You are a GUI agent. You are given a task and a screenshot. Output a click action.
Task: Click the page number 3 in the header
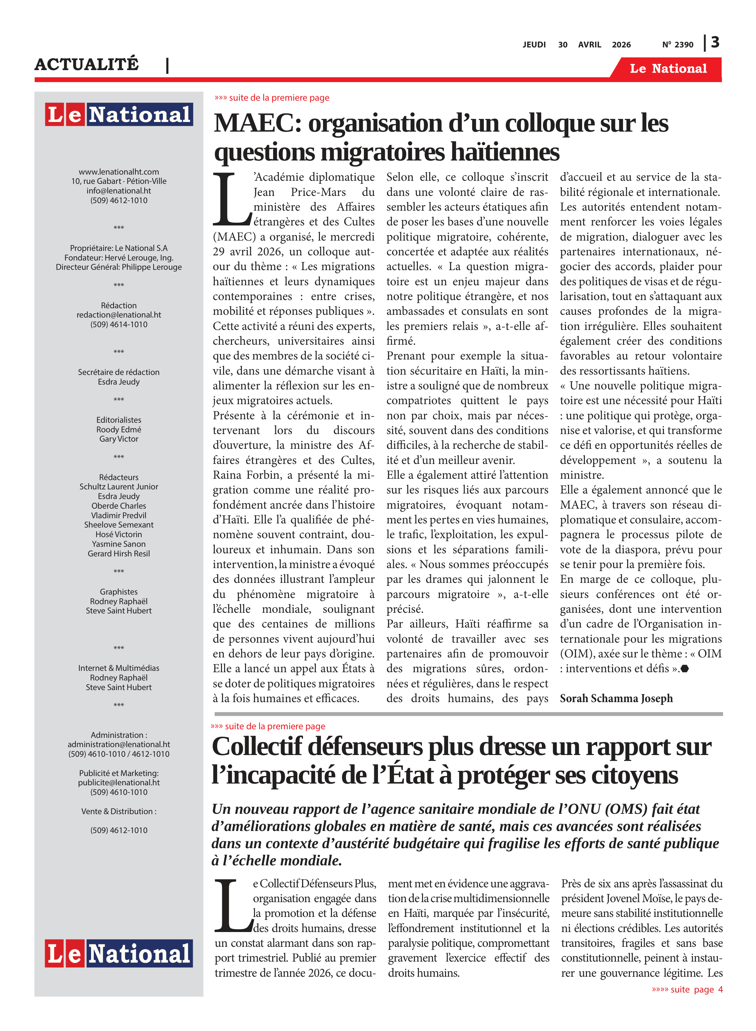(x=715, y=43)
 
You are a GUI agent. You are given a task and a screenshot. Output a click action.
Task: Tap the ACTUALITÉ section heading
(x=87, y=65)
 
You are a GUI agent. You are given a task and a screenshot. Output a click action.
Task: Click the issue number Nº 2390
(x=677, y=45)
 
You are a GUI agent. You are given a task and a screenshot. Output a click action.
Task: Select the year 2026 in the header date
(x=621, y=45)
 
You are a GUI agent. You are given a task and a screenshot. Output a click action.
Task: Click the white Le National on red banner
(x=668, y=69)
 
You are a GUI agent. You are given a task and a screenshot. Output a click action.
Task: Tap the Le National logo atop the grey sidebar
(x=119, y=114)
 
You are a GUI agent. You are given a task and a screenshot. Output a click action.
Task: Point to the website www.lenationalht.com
(x=119, y=171)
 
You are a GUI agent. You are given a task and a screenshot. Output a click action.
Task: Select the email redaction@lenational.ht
(x=119, y=315)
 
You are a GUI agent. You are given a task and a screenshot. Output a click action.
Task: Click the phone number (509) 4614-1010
(x=119, y=324)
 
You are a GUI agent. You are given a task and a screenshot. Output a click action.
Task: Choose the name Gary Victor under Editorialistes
(x=119, y=439)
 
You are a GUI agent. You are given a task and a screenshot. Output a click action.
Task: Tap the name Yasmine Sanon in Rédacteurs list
(x=119, y=544)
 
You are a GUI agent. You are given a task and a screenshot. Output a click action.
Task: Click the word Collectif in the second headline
(x=257, y=747)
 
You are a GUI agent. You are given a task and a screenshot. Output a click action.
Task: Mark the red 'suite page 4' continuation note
(x=687, y=989)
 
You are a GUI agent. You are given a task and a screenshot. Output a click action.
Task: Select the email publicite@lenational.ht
(x=119, y=783)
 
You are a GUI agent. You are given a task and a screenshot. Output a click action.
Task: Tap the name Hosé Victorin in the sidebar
(x=119, y=534)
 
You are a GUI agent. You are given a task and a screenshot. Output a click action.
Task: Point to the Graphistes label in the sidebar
(x=119, y=592)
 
